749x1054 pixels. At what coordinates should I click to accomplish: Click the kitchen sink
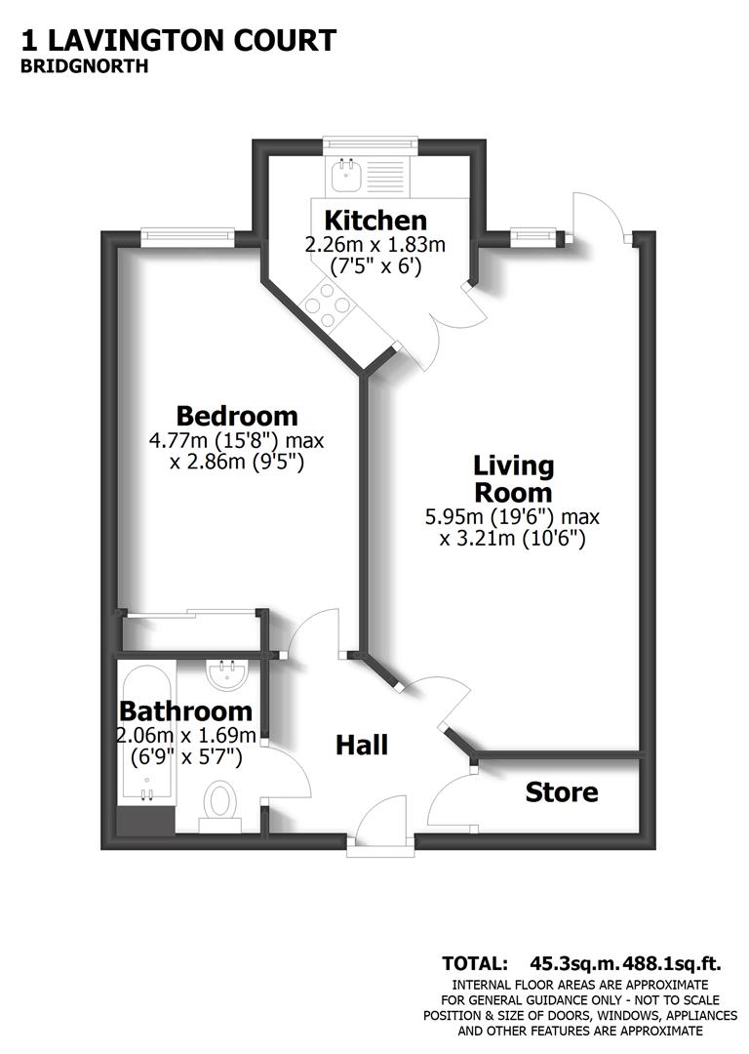pyautogui.click(x=347, y=177)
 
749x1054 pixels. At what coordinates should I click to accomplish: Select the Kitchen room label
pyautogui.click(x=375, y=220)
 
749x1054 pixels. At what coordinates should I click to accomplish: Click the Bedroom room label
pyautogui.click(x=237, y=415)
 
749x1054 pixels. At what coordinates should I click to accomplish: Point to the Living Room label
pyautogui.click(x=513, y=478)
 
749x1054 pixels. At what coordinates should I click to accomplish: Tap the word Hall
pyautogui.click(x=362, y=746)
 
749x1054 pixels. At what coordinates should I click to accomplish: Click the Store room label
pyautogui.click(x=562, y=791)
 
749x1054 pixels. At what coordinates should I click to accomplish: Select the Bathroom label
pyautogui.click(x=185, y=711)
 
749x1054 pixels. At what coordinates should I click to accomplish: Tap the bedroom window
pyautogui.click(x=187, y=233)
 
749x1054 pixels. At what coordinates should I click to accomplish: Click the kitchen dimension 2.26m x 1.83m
pyautogui.click(x=375, y=244)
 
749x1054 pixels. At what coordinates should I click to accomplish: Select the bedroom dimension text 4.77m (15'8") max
pyautogui.click(x=236, y=440)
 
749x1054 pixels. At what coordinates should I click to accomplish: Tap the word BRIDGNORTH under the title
pyautogui.click(x=84, y=67)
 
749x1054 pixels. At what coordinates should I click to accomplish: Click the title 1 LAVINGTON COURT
pyautogui.click(x=177, y=40)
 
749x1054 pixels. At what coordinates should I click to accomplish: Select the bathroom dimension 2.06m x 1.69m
pyautogui.click(x=186, y=735)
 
